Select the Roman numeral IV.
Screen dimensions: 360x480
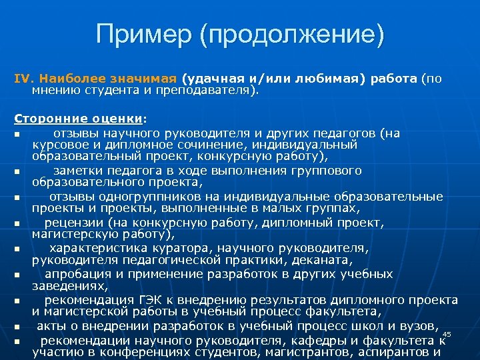(x=23, y=79)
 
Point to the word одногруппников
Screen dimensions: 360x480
(x=156, y=197)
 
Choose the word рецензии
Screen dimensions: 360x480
(x=73, y=222)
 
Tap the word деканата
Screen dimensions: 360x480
(x=339, y=261)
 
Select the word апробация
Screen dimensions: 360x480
(x=74, y=274)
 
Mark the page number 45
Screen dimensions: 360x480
(x=447, y=334)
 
